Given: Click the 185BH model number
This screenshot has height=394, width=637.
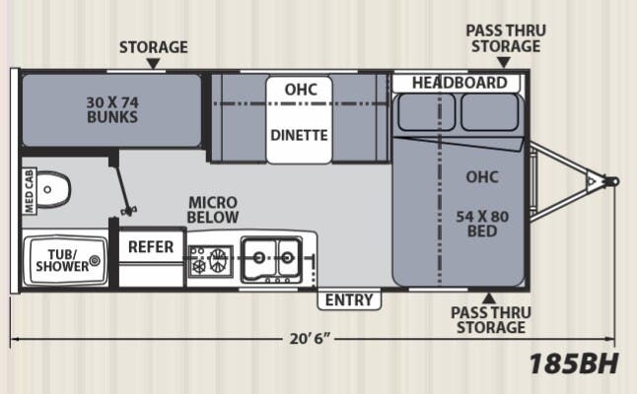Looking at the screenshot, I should [573, 363].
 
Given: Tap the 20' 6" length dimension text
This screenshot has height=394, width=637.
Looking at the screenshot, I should [309, 340].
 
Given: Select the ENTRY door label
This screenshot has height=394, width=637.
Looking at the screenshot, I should [348, 300].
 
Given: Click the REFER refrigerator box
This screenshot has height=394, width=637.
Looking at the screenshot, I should [151, 247].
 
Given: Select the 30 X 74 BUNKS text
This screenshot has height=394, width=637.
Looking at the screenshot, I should [111, 108].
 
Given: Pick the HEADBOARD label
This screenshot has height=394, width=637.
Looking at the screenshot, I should [459, 83].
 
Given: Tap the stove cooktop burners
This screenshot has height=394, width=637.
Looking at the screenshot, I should [210, 260].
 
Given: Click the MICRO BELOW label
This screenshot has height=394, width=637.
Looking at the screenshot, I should [213, 209].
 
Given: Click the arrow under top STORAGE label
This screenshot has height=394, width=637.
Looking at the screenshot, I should [153, 63].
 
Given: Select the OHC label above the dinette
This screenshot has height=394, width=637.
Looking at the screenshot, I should [300, 89].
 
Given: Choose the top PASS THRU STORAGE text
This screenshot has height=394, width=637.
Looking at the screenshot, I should [505, 37].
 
